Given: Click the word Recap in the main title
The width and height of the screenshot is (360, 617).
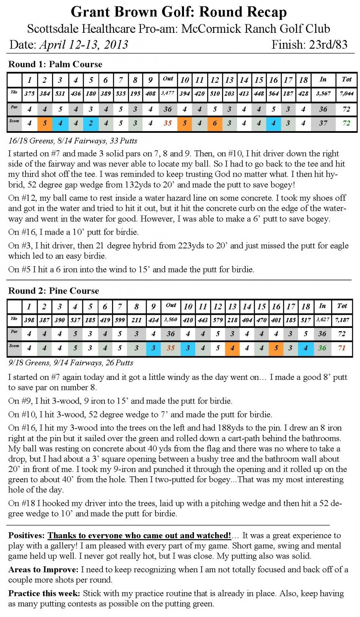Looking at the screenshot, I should coord(263,12).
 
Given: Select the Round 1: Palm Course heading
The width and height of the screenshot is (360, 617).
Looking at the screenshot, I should coord(55,64).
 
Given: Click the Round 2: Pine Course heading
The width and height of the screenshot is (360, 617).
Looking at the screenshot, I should coord(54,291).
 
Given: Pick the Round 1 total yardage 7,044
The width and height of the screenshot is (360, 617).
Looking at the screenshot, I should coord(346,94).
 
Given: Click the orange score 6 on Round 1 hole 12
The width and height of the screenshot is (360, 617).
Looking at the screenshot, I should coord(214,123).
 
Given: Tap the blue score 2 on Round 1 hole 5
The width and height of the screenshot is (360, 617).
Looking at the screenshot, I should coord(91,123).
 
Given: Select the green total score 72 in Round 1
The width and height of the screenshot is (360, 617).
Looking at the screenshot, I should coord(346,123).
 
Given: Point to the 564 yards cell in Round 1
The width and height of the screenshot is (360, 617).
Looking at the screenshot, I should coord(274,94).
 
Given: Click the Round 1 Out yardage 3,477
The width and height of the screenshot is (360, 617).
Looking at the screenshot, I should coord(168,94).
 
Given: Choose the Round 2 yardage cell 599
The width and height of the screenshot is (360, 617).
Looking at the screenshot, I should coord(120,320).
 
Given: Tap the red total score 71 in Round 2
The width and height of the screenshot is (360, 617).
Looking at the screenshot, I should coord(342,348).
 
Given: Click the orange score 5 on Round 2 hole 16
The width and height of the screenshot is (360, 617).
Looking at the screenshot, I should coord(276,348).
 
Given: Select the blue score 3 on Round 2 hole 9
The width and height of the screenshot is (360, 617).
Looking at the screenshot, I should coord(153,348).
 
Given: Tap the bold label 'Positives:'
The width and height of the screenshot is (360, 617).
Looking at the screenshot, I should coord(26,535).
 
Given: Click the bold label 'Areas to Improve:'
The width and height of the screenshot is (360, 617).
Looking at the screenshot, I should coord(43,569).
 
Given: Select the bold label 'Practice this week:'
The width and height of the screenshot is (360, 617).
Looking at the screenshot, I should coord(44,593).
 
